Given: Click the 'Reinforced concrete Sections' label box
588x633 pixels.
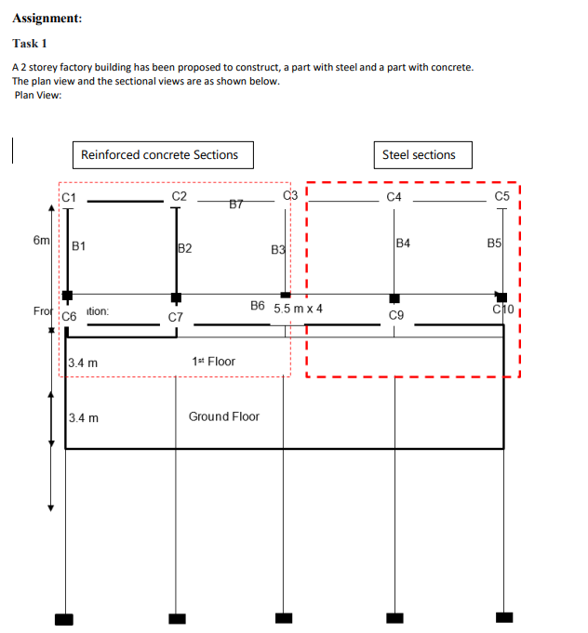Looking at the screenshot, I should pos(159,155).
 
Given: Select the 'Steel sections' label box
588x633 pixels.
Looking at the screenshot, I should pos(419,155).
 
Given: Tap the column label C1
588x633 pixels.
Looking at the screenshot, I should pos(69,197).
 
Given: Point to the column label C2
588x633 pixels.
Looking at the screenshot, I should pos(180,196).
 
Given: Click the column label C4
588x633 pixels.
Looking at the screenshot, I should pos(394,197).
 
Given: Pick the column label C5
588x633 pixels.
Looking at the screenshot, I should pos(502,196).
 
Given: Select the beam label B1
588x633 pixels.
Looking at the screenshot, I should pos(79,246).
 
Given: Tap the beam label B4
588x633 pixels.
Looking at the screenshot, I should pos(403,244).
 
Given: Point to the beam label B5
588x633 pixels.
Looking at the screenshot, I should pos(494,244).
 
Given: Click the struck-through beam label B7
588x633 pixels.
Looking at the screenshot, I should pos(236,204).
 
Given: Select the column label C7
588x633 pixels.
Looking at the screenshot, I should pos(175,317).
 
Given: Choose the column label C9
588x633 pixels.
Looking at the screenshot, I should pos(396,316).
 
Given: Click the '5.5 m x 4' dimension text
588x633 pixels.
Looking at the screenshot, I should pos(299,308).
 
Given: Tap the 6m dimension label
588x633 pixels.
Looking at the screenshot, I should pos(42,240).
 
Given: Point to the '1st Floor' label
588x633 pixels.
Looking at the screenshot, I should pos(214,362).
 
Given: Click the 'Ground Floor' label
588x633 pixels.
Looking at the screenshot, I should pos(224,416).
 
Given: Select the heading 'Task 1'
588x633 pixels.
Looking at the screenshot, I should pos(30,44).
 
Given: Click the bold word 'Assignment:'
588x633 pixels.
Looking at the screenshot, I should pos(47,18).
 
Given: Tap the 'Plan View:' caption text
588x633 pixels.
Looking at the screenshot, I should pos(39,96).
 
